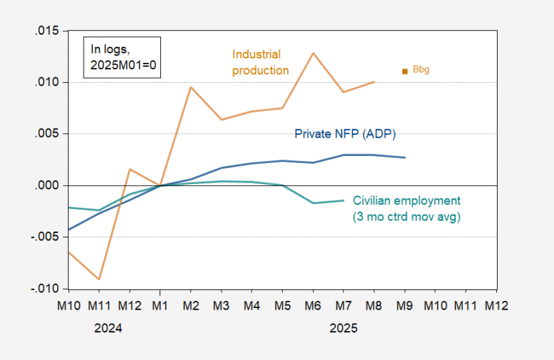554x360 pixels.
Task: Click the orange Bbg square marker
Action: pyautogui.click(x=405, y=71)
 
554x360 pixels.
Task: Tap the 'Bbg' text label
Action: pyautogui.click(x=421, y=71)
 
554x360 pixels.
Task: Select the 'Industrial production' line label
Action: pyautogui.click(x=260, y=62)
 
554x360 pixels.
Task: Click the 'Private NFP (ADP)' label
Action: pyautogui.click(x=345, y=134)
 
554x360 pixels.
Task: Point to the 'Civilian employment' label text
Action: pyautogui.click(x=405, y=201)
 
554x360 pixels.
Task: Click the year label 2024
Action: pyautogui.click(x=108, y=327)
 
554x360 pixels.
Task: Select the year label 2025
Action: pyautogui.click(x=343, y=327)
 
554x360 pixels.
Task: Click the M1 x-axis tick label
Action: pyautogui.click(x=160, y=304)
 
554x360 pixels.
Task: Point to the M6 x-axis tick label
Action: pyautogui.click(x=313, y=304)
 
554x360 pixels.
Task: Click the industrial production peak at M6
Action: pyautogui.click(x=313, y=53)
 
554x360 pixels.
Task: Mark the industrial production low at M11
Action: pyautogui.click(x=99, y=279)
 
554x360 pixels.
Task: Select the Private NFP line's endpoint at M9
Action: pyautogui.click(x=405, y=157)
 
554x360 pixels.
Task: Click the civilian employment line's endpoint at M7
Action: pyautogui.click(x=343, y=201)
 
